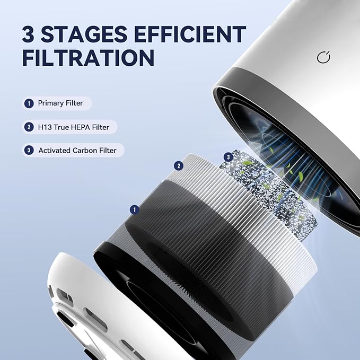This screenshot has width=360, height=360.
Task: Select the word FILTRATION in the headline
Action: [x=88, y=57]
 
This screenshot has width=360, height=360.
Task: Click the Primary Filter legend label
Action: [x=60, y=103]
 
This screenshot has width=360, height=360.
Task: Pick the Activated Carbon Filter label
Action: [x=77, y=151]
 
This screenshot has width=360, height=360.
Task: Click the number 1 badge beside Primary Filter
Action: [x=29, y=103]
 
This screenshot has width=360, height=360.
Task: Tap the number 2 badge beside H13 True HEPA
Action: [x=29, y=127]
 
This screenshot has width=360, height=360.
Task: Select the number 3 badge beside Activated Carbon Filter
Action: [x=29, y=151]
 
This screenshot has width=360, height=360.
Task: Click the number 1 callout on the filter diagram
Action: [x=135, y=210]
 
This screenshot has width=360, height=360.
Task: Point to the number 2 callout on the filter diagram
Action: [x=179, y=166]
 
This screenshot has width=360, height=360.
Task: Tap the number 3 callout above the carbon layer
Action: [x=229, y=157]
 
